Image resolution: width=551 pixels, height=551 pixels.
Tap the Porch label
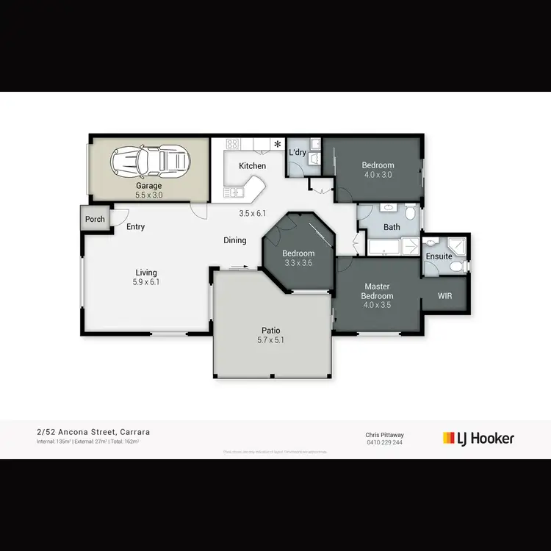(95, 219)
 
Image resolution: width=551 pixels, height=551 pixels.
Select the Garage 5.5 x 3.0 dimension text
(148, 195)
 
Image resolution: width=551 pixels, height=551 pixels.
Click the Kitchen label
(252, 166)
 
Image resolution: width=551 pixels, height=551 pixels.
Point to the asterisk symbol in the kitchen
(278, 144)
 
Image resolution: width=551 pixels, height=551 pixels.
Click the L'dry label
(298, 152)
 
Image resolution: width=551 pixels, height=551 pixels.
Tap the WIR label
(444, 296)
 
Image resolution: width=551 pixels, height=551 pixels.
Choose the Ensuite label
(439, 256)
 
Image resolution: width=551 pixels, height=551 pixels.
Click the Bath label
(392, 227)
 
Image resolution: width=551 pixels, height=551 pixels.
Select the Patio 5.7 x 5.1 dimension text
(270, 340)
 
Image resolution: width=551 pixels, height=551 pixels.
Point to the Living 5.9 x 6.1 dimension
(146, 282)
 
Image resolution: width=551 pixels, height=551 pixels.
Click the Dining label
(235, 240)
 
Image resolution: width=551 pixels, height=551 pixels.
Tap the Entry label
(135, 227)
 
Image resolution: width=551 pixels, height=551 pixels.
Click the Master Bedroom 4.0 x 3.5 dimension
(378, 306)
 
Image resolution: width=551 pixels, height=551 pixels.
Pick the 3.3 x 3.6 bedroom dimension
(298, 262)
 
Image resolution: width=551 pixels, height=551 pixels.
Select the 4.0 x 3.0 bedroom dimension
(378, 175)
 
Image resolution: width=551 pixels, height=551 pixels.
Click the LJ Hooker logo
(478, 439)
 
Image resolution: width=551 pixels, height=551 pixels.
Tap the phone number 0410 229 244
(384, 442)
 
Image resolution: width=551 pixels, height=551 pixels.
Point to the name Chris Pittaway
(384, 435)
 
